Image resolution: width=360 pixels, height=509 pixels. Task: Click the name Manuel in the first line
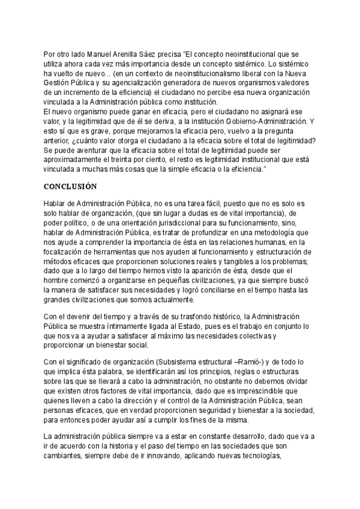click(x=101, y=52)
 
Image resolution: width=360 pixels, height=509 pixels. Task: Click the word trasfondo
click(x=186, y=316)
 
